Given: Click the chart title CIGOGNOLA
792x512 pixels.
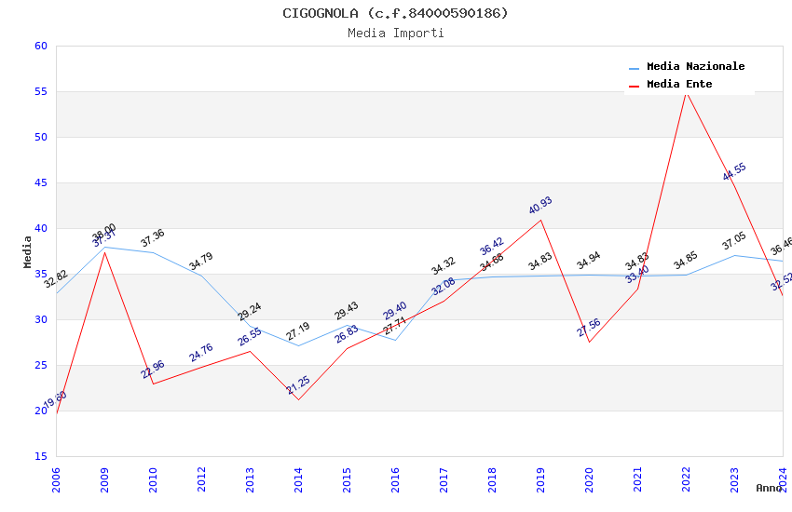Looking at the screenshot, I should [396, 13].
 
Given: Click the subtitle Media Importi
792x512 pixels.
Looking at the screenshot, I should [396, 33].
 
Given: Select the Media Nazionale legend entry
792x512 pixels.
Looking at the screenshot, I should [695, 66].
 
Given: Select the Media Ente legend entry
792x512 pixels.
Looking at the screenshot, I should [679, 84].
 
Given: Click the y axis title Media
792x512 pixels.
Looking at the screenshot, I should [28, 251].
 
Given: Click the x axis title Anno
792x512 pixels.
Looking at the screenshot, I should [769, 488].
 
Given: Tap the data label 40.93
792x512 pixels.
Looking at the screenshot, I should [540, 205].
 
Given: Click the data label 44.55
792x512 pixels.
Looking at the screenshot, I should [734, 171].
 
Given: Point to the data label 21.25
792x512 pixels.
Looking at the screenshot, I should [298, 385].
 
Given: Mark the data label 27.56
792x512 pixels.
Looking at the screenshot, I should [589, 328].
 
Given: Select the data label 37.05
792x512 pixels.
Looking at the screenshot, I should [734, 242].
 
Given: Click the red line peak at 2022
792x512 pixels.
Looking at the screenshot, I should [686, 91].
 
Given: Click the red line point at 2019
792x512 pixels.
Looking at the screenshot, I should [540, 220].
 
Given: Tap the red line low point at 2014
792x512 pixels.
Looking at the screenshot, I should [298, 399].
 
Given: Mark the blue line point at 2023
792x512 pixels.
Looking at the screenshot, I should [734, 255].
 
